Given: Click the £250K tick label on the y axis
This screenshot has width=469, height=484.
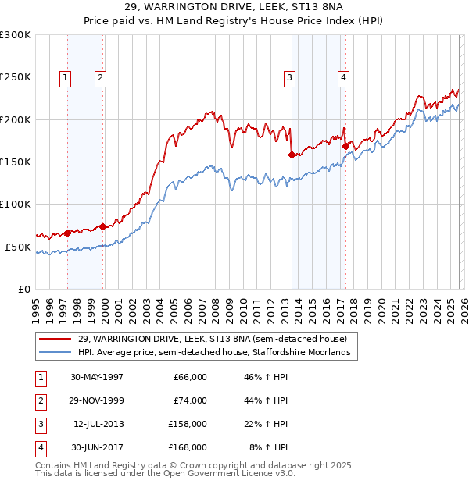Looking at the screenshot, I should [x=16, y=77].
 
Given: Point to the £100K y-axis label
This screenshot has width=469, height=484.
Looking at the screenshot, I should [x=16, y=204].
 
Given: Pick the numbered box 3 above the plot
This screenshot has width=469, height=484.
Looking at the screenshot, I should [x=289, y=77].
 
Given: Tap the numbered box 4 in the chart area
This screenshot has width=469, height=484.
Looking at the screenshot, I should [x=343, y=77].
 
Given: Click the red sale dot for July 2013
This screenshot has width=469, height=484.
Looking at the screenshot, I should [x=291, y=155].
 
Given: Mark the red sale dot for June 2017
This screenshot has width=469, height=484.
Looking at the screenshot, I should [x=345, y=146].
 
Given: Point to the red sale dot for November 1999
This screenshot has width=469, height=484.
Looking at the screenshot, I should [x=103, y=226].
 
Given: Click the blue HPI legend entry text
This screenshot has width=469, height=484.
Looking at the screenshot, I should [x=217, y=353].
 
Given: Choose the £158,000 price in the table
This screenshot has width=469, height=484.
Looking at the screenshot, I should [x=188, y=424].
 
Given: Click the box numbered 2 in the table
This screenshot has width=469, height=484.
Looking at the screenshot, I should [x=39, y=400].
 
